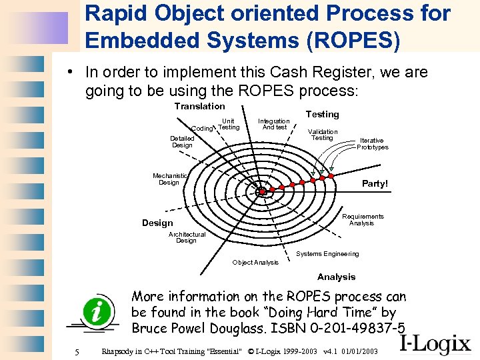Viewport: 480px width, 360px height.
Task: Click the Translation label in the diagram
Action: [x=199, y=106]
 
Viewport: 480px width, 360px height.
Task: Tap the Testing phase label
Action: [x=322, y=114]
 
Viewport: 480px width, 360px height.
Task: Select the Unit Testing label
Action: [x=229, y=124]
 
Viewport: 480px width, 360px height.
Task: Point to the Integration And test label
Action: [x=274, y=124]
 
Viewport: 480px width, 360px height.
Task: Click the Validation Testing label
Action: [x=322, y=135]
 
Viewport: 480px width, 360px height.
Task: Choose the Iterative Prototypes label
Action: [x=372, y=144]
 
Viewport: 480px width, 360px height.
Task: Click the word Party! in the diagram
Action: [x=374, y=183]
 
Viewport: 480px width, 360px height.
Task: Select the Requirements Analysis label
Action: [x=363, y=220]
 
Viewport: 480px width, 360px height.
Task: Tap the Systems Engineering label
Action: [x=327, y=253]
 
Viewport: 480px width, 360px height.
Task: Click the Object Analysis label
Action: [x=255, y=262]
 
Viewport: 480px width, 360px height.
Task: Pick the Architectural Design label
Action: [x=187, y=237]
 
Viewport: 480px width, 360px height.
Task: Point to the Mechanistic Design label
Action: [x=169, y=179]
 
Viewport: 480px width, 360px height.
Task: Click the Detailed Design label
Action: [x=182, y=141]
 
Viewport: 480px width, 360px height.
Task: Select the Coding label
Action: [x=201, y=128]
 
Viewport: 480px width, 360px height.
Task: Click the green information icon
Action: [x=93, y=311]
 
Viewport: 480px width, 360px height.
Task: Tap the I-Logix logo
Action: [x=436, y=343]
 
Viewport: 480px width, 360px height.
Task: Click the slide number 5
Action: [x=77, y=351]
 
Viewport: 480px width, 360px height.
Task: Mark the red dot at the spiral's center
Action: [x=262, y=192]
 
